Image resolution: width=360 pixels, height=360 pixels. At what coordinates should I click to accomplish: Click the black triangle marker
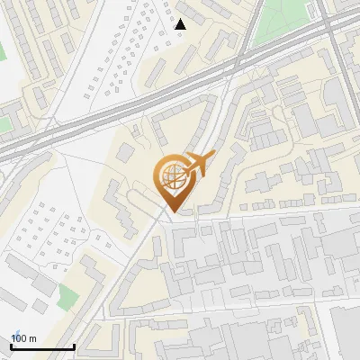(x=181, y=24)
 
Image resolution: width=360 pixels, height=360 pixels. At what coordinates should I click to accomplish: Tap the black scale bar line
(x=42, y=346)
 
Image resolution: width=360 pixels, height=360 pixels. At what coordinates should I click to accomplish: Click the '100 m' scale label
(x=23, y=338)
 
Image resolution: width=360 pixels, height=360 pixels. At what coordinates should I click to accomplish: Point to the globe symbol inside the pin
(x=170, y=176)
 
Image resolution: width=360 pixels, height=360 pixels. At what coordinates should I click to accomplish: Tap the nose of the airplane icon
(x=213, y=157)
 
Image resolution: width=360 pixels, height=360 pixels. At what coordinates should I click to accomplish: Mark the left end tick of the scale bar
(x=12, y=346)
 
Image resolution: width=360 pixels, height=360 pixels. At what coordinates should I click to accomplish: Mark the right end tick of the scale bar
(x=74, y=346)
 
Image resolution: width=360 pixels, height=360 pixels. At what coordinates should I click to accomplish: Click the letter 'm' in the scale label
(x=32, y=338)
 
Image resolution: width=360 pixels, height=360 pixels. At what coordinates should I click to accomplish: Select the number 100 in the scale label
(x=19, y=338)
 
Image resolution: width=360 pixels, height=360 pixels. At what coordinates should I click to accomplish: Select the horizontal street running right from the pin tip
(x=270, y=214)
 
